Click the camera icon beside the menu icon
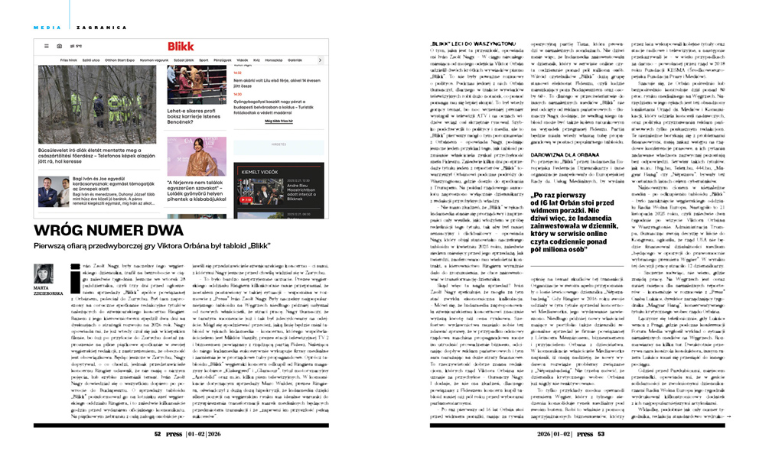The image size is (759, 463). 59,46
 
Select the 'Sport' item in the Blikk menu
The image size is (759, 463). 204,59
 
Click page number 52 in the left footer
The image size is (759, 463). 157,432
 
